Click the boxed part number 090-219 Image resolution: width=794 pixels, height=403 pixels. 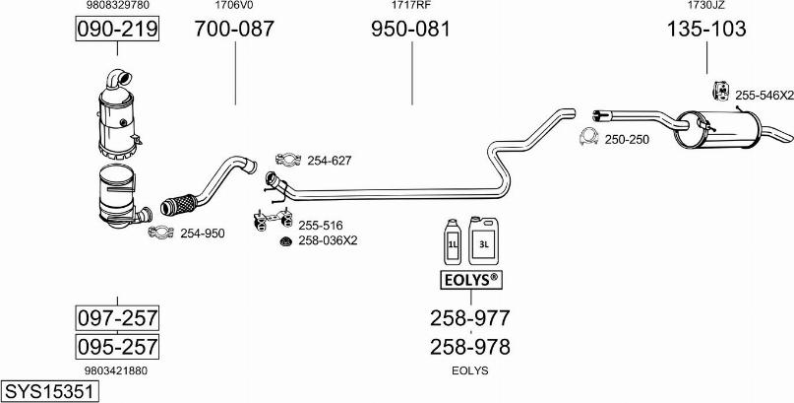click(117, 31)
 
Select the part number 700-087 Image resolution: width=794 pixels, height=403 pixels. click(234, 30)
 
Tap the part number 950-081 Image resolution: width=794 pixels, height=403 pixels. click(410, 30)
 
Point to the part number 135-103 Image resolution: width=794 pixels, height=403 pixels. click(706, 30)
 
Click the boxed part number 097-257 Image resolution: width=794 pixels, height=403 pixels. click(117, 318)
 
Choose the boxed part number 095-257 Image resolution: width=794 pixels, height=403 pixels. click(117, 347)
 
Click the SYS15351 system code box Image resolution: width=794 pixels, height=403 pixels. click(50, 391)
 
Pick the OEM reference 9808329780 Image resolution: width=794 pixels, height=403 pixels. click(117, 6)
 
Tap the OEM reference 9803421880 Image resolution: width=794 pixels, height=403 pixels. click(117, 370)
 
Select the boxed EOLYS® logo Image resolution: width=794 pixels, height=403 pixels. click(469, 281)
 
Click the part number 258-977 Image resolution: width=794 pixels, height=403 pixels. click(469, 317)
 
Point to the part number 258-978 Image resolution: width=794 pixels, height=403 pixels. click(469, 346)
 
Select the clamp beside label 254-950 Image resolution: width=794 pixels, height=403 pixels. click(160, 233)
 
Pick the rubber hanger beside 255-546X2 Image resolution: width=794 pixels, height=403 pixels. click(718, 93)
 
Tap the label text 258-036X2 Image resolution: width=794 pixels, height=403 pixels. click(328, 240)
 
